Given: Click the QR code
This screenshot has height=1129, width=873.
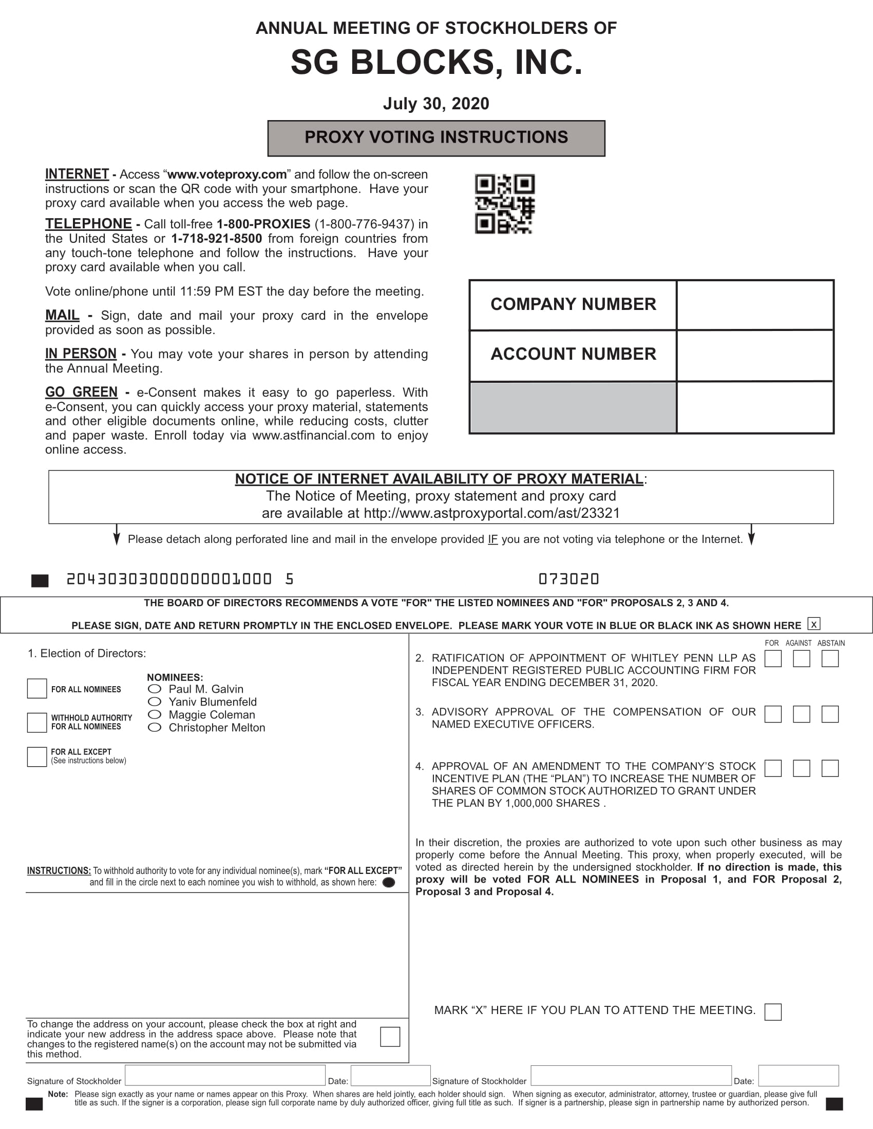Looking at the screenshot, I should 504,204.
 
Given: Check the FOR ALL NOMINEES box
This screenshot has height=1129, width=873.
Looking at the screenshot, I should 37,689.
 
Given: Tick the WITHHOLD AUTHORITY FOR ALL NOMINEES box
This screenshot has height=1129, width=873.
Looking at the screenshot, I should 37,722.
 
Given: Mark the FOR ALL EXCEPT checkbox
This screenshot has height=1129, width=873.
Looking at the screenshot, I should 37,756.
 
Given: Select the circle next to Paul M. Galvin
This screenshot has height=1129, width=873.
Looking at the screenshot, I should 154,689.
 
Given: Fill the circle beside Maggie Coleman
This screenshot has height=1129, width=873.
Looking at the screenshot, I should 154,714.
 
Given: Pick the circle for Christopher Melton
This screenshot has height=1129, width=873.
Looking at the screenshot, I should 154,727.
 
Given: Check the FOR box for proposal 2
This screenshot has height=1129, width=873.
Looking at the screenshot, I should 773,658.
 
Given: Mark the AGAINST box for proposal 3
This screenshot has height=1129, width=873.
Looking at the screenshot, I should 801,714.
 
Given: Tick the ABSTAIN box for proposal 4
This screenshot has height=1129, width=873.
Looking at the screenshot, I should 829,768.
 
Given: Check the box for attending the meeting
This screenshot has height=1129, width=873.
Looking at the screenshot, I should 773,1011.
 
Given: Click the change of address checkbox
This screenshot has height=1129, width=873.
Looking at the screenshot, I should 390,1037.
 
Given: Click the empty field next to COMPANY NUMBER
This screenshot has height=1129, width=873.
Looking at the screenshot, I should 754,305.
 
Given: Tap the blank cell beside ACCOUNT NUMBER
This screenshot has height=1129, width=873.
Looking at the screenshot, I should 754,355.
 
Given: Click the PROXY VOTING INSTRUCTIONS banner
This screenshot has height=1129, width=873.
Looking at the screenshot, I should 436,138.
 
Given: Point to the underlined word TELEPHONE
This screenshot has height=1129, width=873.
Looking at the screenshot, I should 88,224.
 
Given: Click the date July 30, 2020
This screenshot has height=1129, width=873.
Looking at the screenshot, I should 436,103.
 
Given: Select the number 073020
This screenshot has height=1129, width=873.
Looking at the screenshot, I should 568,579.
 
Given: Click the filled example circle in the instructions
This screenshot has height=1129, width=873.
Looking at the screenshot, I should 388,883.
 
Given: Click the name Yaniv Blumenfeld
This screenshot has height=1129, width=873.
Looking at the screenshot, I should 213,702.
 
